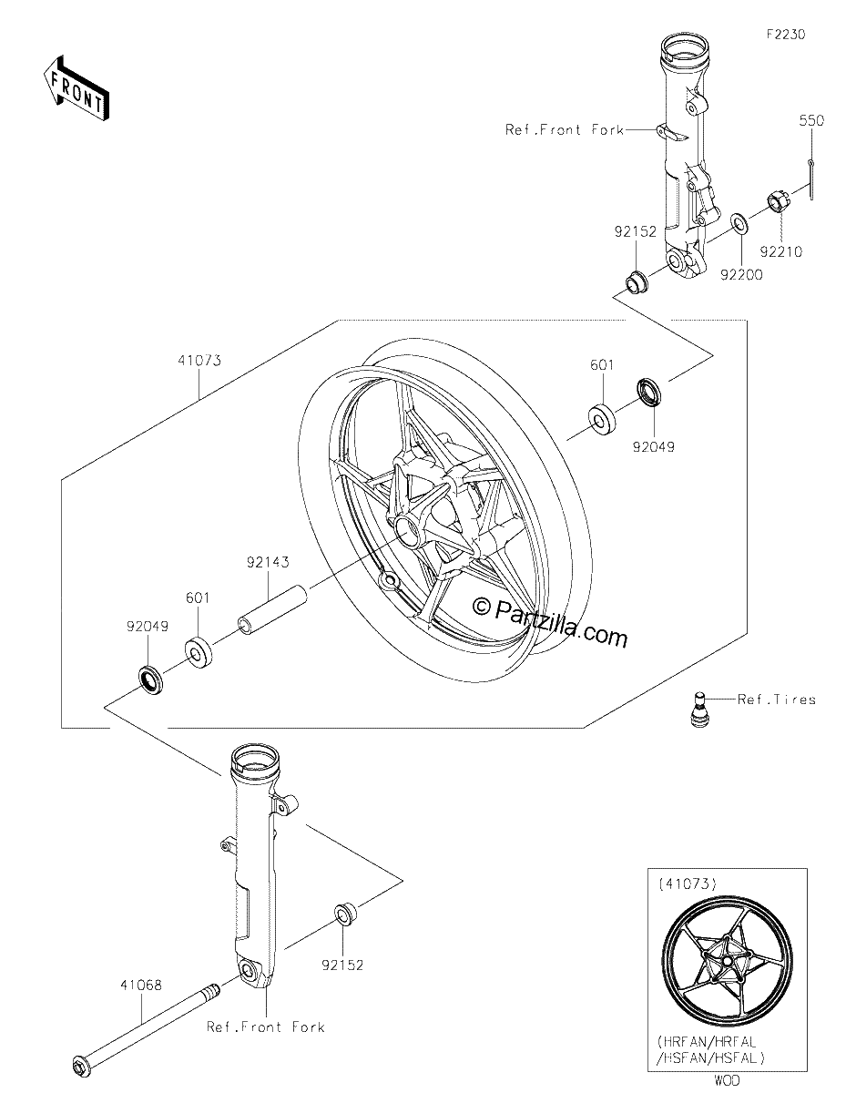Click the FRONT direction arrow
pos(76,89)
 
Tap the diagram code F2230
pos(786,35)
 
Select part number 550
pos(811,121)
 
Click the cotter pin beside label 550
pos(810,179)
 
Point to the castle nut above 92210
pos(778,203)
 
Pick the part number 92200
pos(741,275)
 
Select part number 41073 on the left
pos(199,361)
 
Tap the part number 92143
pos(268,562)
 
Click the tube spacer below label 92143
pos(272,609)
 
